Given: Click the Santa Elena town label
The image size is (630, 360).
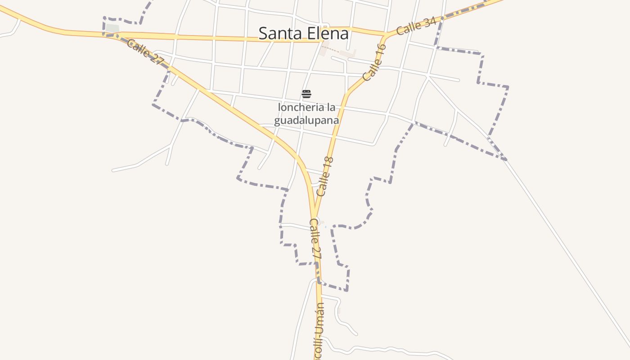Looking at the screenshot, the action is pyautogui.click(x=303, y=33).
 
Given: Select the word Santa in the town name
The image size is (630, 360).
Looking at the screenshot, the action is pyautogui.click(x=280, y=33).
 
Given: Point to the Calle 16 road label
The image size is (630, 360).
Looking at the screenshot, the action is pyautogui.click(x=374, y=63).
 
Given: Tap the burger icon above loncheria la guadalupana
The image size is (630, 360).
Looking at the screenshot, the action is pyautogui.click(x=306, y=94).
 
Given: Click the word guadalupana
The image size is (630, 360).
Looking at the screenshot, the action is pyautogui.click(x=306, y=121).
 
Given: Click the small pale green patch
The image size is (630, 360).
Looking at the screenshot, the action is pyautogui.click(x=112, y=28).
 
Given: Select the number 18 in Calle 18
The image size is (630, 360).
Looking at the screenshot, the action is pyautogui.click(x=328, y=163).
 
